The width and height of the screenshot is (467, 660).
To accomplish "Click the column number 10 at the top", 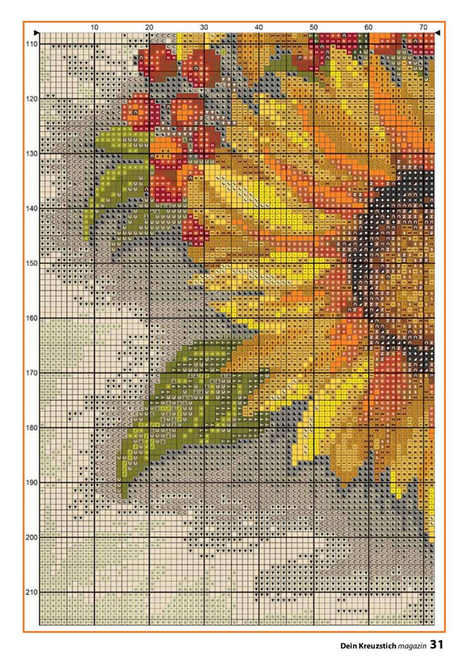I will click(94, 27).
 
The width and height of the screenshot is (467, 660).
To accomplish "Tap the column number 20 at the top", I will click(149, 27).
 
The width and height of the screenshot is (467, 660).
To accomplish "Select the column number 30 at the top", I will click(204, 27).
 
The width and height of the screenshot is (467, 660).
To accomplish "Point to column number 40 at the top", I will click(259, 27).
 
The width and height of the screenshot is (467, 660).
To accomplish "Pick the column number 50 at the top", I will click(314, 27).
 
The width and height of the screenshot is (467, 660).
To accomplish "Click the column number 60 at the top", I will click(368, 27).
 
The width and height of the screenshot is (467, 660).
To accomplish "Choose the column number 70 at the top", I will click(422, 27).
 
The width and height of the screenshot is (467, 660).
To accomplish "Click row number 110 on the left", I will click(31, 44).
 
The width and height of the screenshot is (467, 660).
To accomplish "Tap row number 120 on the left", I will click(31, 99).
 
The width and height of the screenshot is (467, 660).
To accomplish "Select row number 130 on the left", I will click(31, 153).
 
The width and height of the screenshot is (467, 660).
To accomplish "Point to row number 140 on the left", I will click(31, 209).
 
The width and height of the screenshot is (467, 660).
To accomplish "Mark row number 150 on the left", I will click(31, 263).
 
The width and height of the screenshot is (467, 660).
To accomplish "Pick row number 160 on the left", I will click(31, 318).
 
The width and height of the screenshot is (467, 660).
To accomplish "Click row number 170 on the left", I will click(31, 373).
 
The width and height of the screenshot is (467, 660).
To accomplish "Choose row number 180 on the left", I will click(31, 428).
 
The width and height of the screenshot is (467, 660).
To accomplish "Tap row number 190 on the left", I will click(31, 483).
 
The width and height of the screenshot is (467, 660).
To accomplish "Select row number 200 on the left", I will click(31, 538).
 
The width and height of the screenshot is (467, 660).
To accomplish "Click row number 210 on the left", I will click(31, 592).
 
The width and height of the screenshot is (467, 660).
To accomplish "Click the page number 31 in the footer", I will click(437, 643).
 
